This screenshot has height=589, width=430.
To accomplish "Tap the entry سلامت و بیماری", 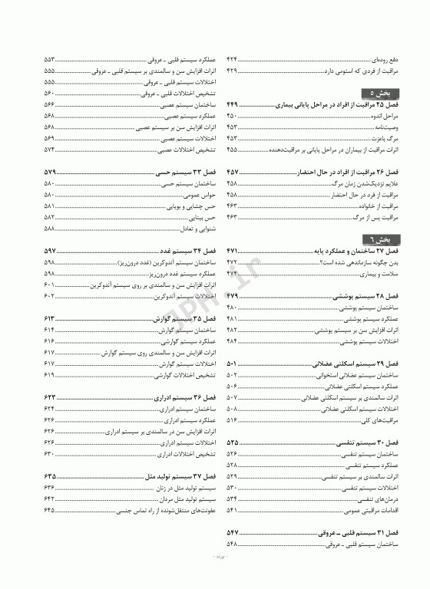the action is (x=381, y=273).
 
